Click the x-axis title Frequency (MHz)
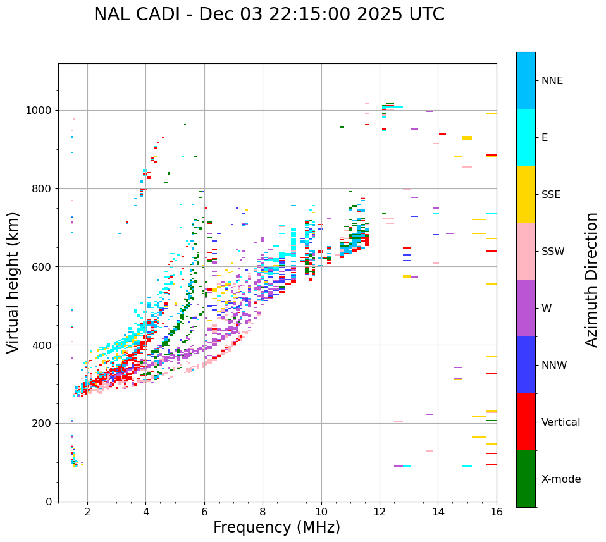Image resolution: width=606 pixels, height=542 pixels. pos(276,527)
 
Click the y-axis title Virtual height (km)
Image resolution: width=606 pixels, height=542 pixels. pos(13,283)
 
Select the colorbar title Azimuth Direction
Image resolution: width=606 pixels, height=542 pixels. pos(591,280)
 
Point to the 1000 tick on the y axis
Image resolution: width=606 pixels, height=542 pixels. pos(42,111)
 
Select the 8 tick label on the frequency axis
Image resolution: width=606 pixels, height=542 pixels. pos(263,512)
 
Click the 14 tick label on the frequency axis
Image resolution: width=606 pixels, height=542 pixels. pos(438,512)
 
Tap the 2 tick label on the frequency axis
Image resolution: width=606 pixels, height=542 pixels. pos(87,512)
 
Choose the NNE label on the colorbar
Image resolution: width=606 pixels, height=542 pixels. pos(552,81)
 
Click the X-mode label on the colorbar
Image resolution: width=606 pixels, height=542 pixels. pos(560,479)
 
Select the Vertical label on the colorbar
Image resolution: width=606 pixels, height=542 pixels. pos(560,422)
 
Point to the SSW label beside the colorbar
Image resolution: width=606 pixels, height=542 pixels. pos(553,252)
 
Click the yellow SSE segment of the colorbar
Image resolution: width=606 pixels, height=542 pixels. pos(526,194)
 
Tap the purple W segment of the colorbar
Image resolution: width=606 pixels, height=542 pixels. pos(526,308)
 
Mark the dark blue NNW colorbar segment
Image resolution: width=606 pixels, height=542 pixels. pos(526,365)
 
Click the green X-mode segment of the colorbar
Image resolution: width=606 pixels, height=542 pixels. pos(526,479)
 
